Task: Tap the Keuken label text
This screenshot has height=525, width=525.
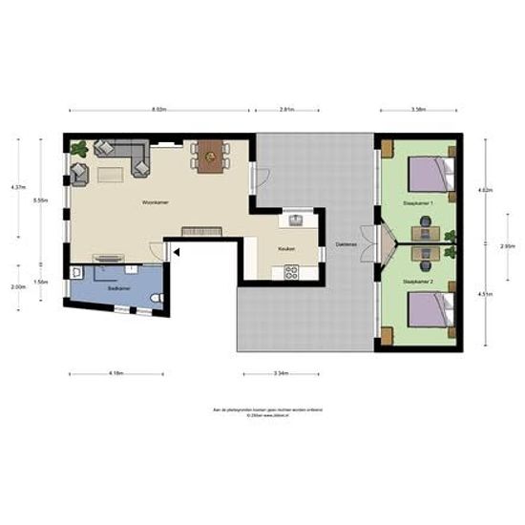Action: [287, 249]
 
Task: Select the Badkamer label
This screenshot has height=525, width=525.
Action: [118, 286]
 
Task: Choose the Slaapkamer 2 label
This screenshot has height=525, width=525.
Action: [419, 283]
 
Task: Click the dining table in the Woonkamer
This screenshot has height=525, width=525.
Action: [208, 155]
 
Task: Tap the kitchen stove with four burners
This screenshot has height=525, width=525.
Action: [291, 272]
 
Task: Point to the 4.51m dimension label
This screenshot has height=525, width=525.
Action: [487, 294]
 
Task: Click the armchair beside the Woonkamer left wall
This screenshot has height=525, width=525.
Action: [79, 174]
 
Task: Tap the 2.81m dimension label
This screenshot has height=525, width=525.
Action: [286, 111]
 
